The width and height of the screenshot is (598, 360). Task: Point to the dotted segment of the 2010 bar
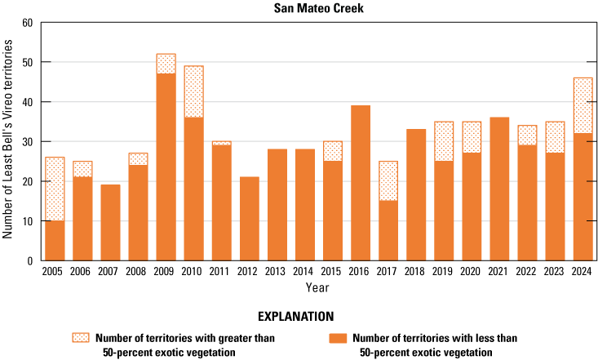193,92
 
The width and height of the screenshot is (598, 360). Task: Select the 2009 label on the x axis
166,271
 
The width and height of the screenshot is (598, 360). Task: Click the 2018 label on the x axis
416,271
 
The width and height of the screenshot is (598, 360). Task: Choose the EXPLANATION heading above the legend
299,315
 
